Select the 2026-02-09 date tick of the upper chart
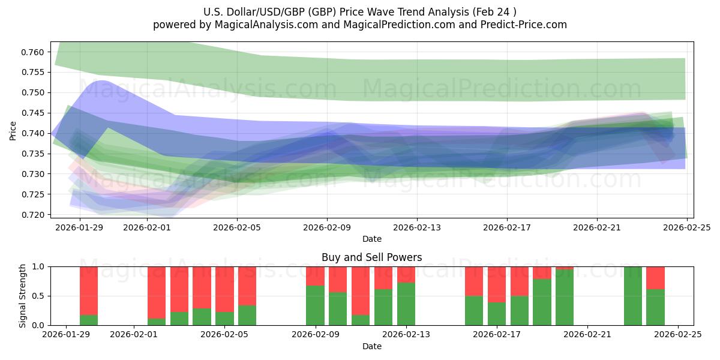pyautogui.click(x=327, y=228)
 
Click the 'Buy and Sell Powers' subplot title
pyautogui.click(x=371, y=257)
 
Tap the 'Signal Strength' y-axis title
pyautogui.click(x=23, y=296)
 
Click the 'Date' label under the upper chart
pyautogui.click(x=371, y=239)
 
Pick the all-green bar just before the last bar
pyautogui.click(x=633, y=296)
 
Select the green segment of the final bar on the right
pyautogui.click(x=656, y=307)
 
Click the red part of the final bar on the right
pyautogui.click(x=656, y=278)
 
